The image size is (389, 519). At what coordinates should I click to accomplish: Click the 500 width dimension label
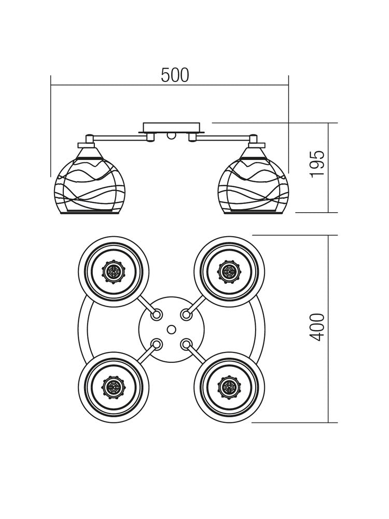pos(175,76)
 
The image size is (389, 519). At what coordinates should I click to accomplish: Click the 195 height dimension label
pos(317,164)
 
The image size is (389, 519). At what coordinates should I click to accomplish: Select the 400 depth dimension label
pos(317,327)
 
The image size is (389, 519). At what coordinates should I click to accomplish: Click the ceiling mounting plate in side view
pos(171,127)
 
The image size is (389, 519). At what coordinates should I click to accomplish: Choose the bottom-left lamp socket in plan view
pos(113,387)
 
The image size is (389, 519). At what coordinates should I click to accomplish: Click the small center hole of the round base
pos(172,329)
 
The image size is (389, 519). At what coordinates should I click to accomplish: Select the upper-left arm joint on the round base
pos(156,314)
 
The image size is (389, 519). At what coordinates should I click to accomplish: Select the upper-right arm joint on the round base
pos(186,314)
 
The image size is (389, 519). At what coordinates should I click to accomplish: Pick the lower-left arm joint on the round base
pos(156,344)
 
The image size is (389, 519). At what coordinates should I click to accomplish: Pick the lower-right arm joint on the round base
pos(186,344)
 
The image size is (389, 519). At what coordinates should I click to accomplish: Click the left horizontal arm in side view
pos(117,138)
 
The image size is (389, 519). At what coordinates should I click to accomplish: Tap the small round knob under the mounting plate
pos(171,136)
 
